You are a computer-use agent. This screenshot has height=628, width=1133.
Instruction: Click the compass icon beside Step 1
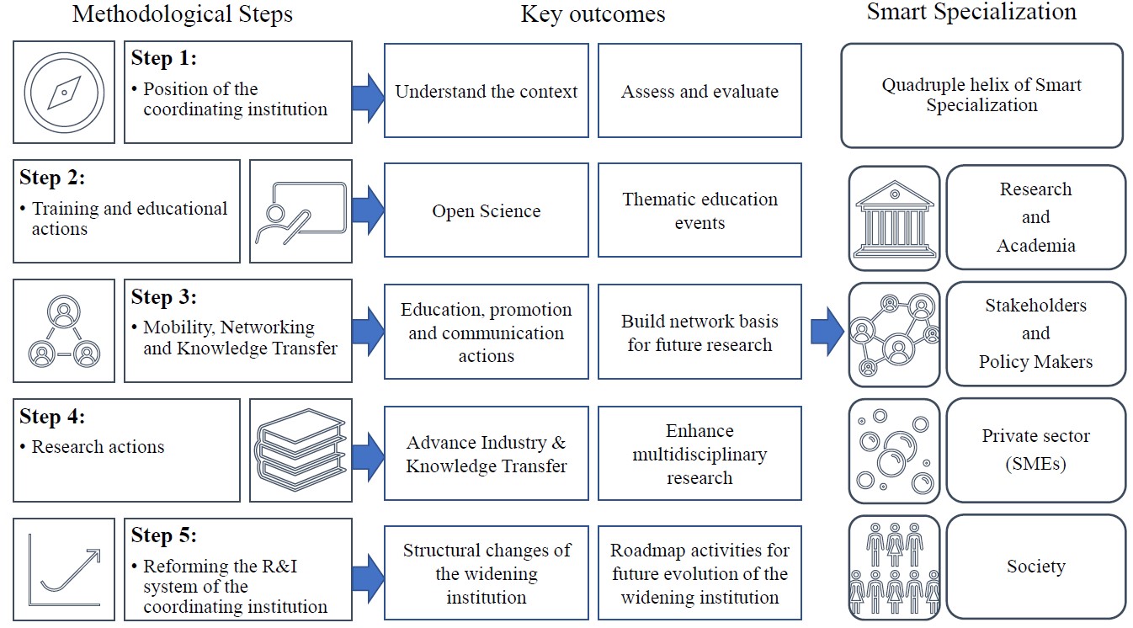coord(64,92)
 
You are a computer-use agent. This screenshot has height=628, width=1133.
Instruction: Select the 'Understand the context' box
coord(487,91)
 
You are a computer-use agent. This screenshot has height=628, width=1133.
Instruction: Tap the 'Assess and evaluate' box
coord(699,91)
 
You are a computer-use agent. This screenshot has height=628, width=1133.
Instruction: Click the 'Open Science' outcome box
coord(487,210)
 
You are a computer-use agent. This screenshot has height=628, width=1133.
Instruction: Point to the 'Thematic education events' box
coord(699,210)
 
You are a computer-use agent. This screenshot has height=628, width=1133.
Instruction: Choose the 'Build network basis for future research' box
coord(699,333)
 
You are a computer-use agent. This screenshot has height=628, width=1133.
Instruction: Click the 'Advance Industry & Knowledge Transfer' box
coord(487,454)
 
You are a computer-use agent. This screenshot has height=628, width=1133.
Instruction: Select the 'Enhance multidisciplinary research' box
coord(699,454)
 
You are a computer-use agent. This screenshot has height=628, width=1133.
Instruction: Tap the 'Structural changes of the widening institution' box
coord(487,574)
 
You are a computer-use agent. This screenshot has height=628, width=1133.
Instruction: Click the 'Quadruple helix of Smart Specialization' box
coord(981,95)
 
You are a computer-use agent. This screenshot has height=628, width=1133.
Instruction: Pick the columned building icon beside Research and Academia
coord(894,218)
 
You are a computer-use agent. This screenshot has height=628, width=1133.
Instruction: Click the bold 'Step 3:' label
coord(164,297)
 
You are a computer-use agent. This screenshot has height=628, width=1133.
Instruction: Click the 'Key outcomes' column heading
coord(593,14)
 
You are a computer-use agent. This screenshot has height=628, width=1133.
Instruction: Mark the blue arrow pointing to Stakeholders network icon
coord(827,332)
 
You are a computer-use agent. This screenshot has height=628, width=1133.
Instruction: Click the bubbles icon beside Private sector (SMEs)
coord(894,451)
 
